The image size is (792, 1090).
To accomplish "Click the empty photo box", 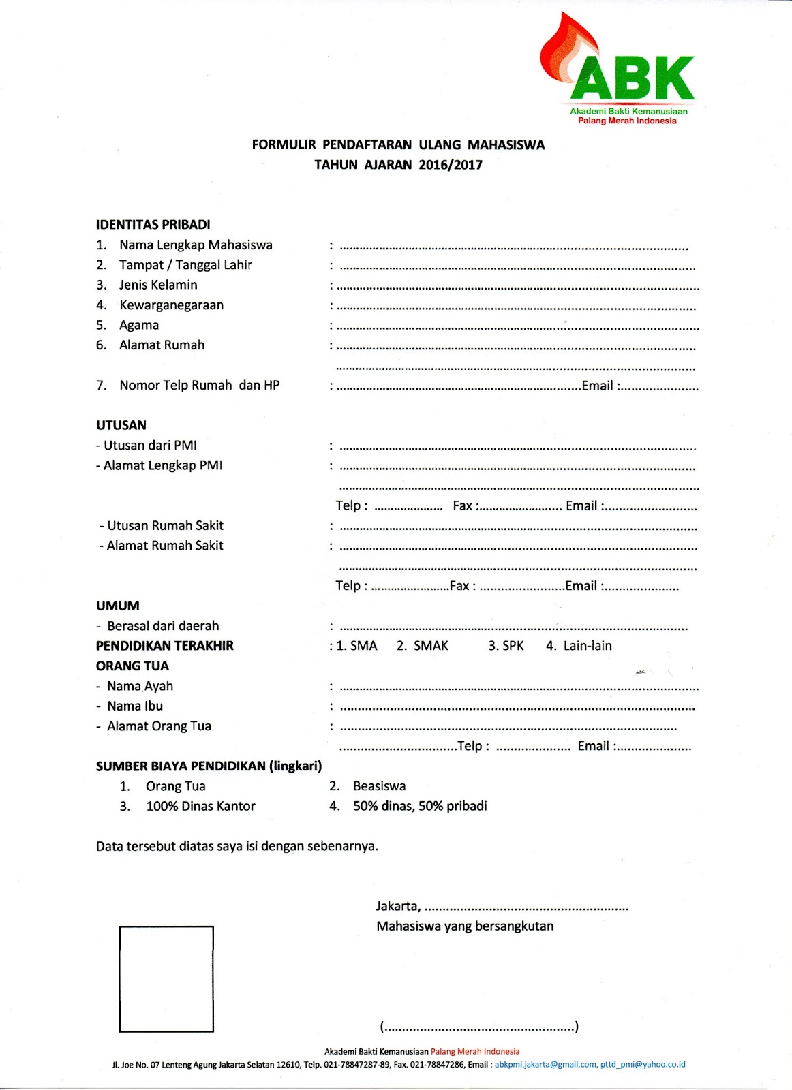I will pos(166,979).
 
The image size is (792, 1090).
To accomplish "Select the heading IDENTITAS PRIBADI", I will pos(153,225).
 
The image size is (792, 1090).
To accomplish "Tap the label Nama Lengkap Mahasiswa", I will pos(196,245).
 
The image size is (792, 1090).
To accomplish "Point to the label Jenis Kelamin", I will pos(158,285).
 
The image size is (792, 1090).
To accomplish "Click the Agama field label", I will pos(139,325).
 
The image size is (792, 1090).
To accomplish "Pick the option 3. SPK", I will pos(506,646).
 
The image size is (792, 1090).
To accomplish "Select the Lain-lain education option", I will pos(579,646).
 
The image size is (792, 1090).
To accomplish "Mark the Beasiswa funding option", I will pos(379,786).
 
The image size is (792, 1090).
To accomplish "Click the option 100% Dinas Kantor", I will pos(200,807).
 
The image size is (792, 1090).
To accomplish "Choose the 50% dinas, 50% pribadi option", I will pos(420,807).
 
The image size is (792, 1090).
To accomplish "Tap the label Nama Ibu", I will pos(135,706).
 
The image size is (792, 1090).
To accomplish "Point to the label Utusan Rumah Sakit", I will pos(165,526).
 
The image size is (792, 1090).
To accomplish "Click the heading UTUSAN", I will pos(121,425).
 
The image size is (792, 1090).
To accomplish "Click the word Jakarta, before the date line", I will pos(398,907).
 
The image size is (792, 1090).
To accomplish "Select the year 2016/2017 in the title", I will pos(451,165).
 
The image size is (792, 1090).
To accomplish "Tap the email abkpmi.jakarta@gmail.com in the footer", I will pos(545,1065).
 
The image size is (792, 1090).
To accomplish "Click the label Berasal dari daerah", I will pos(163,626).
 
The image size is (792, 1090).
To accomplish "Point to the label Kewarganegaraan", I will pos(171,305).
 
